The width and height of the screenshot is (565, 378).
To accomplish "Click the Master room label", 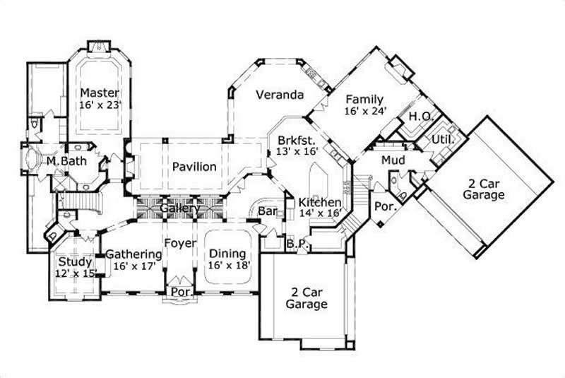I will click(x=99, y=93).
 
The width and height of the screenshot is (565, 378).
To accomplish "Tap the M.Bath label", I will click(x=62, y=161).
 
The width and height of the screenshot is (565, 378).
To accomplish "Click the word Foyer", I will click(x=180, y=244).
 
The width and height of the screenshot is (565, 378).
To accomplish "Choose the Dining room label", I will click(x=227, y=254).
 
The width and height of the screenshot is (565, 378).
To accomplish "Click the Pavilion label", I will click(x=194, y=167).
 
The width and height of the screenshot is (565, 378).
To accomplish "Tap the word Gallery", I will click(x=178, y=209).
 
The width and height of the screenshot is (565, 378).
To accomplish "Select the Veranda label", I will click(x=280, y=95).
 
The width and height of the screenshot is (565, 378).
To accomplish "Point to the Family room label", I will click(x=364, y=100).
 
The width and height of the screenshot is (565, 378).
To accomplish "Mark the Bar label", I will click(x=266, y=211).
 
